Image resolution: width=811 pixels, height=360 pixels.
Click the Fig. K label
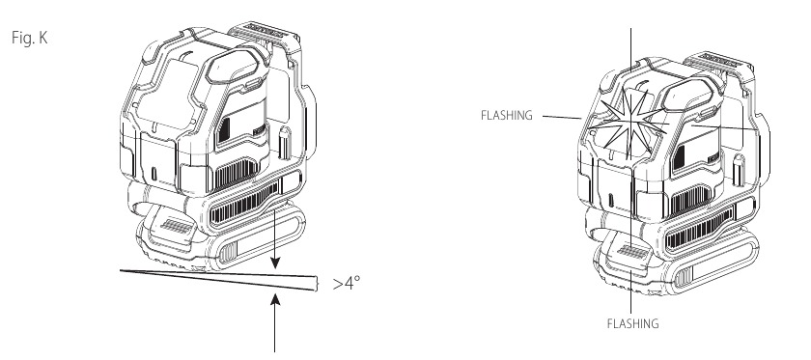[30, 38]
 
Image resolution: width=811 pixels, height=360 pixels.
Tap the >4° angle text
[347, 283]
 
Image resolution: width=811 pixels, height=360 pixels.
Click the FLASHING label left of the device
[506, 116]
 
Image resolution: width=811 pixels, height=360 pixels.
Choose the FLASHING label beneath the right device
[632, 323]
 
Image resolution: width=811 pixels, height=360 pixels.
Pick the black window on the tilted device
[224, 130]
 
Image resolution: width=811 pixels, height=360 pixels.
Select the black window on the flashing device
[678, 158]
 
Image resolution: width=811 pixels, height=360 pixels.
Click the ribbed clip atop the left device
[265, 33]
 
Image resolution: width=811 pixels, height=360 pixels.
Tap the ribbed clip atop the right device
[719, 62]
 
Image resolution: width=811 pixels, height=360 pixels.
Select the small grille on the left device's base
[173, 225]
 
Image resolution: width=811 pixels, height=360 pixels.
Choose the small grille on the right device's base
[631, 253]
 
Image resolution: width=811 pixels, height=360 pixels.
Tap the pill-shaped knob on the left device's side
[285, 143]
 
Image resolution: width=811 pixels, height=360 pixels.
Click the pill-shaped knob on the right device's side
[740, 171]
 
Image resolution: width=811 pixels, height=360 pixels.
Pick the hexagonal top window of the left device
[234, 67]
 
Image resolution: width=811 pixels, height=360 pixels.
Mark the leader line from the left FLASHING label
[562, 118]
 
